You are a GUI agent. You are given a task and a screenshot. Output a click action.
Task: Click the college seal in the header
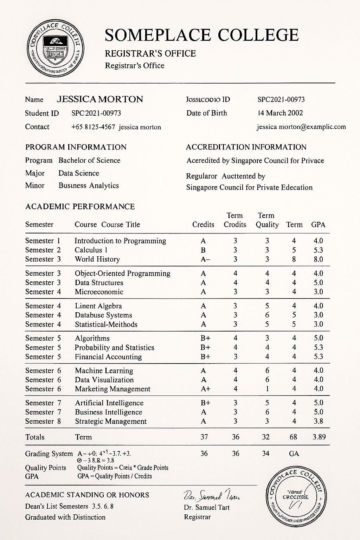click(x=56, y=48)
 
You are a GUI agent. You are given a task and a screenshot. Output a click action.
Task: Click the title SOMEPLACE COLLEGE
click(x=201, y=35)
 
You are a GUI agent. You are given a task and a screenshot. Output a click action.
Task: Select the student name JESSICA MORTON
click(x=100, y=99)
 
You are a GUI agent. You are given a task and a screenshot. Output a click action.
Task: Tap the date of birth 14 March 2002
click(x=280, y=113)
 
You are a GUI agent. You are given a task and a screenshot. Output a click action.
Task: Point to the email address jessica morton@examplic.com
click(x=301, y=127)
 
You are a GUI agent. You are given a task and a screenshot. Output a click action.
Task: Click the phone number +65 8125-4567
click(x=93, y=127)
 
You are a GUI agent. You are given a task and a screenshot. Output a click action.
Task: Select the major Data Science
click(x=79, y=173)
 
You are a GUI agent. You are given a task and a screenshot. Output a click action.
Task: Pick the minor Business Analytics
click(x=89, y=186)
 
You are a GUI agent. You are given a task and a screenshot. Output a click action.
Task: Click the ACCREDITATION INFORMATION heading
click(x=246, y=147)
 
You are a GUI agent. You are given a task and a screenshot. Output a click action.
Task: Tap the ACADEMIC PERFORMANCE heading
click(x=80, y=206)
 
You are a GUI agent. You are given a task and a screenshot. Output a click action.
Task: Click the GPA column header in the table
click(x=318, y=225)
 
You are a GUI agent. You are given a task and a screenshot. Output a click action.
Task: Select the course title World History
click(x=97, y=259)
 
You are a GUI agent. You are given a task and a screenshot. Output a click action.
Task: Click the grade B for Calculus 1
click(x=203, y=250)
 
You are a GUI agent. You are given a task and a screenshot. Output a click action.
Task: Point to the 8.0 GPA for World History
click(x=318, y=259)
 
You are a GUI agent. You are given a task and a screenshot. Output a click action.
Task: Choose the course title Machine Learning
click(x=104, y=371)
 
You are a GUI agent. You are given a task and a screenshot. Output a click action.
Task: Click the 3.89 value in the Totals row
click(x=319, y=437)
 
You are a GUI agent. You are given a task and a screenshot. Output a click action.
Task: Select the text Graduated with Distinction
click(x=65, y=517)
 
